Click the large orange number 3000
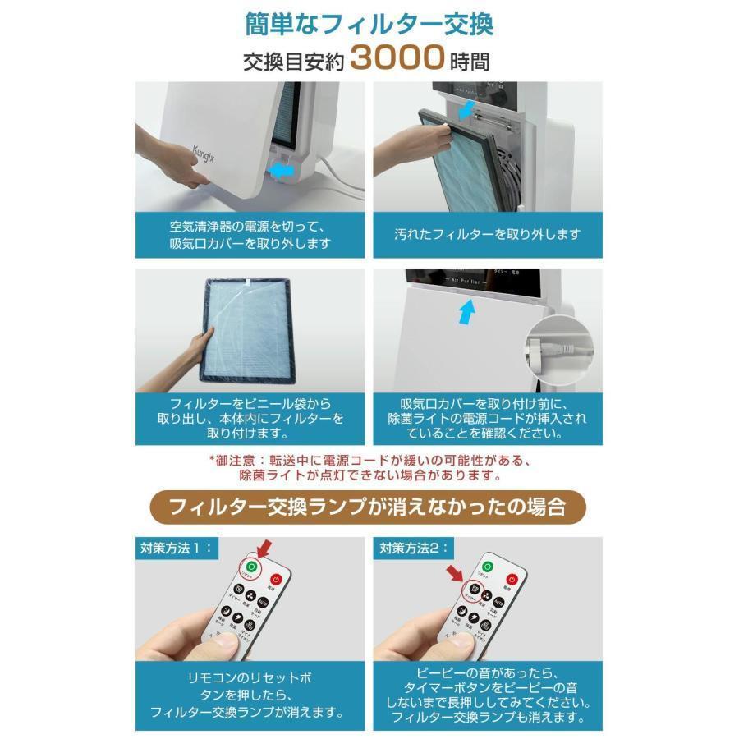pos(397,59)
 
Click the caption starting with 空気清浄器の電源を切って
pos(250,234)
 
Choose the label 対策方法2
pos(408,546)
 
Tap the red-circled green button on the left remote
pos(251,567)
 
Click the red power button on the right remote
pos(515,579)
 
